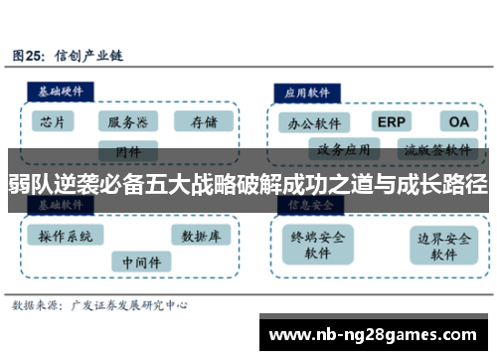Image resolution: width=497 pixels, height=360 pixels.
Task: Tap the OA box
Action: (456, 121)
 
